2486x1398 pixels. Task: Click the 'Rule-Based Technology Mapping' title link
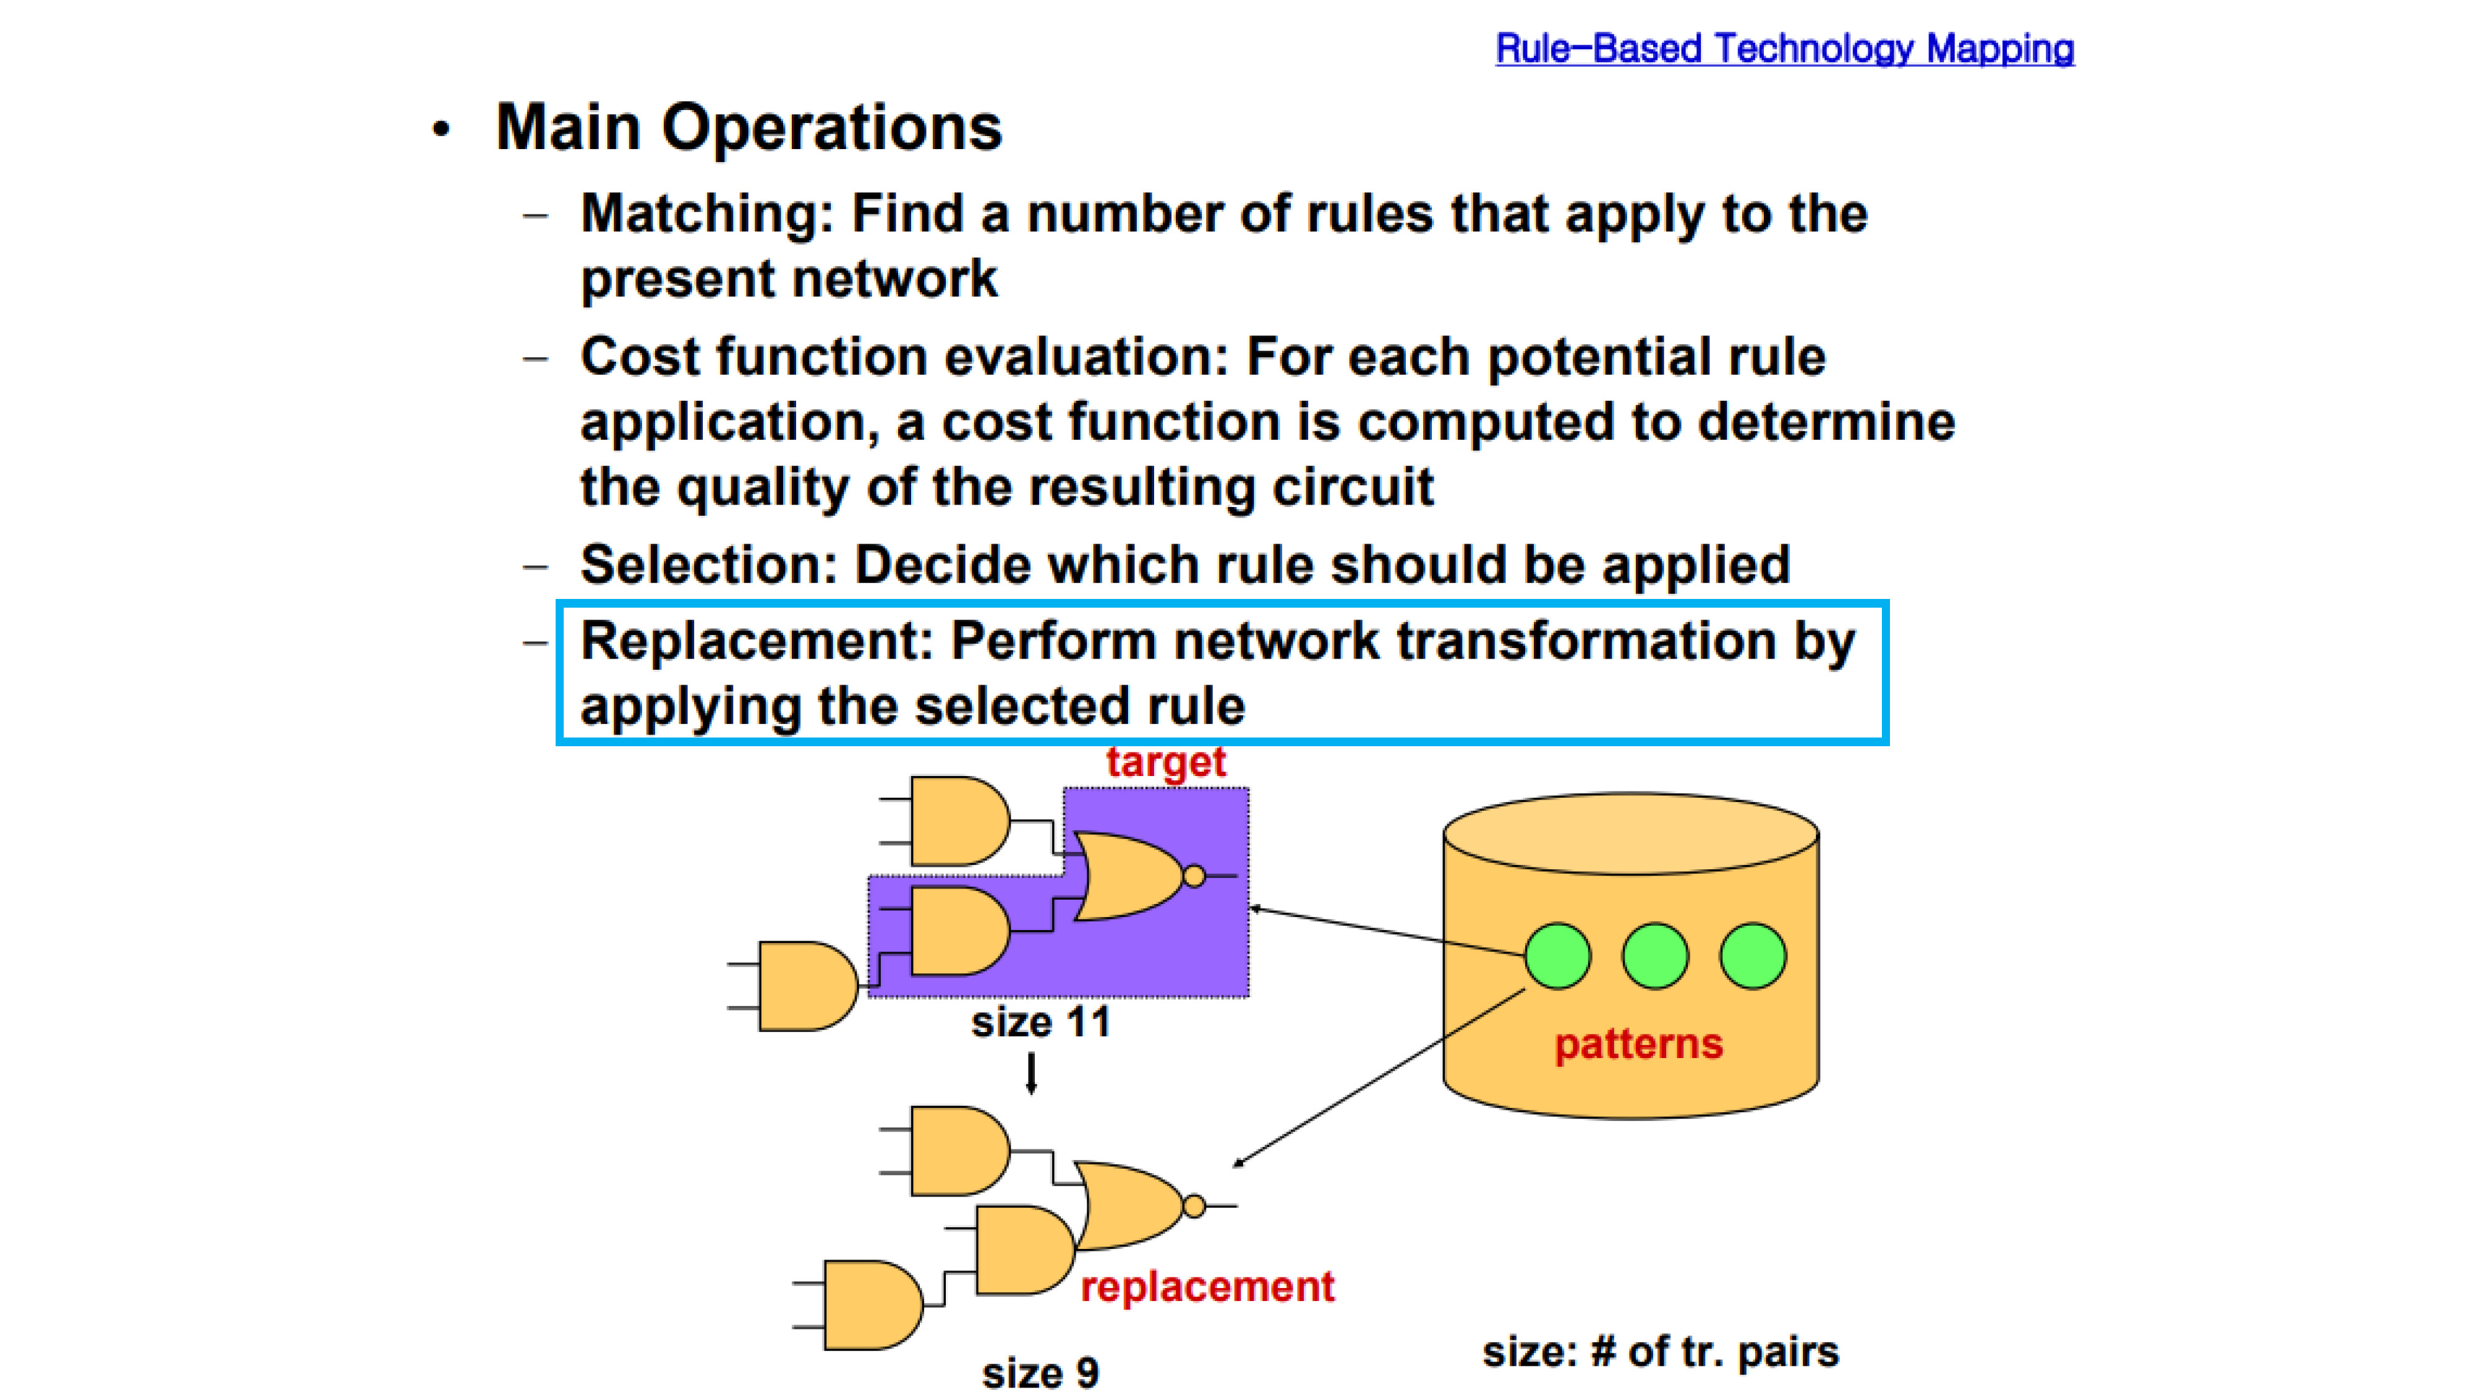point(1784,48)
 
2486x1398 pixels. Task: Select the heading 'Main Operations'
point(749,127)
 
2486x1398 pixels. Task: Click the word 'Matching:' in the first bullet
point(707,214)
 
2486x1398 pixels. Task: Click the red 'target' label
point(1166,762)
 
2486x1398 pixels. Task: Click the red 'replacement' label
point(1208,1287)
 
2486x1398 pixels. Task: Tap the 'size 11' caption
point(1040,1023)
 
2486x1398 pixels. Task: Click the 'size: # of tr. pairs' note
point(1661,1351)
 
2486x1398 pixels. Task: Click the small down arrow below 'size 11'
point(1032,1074)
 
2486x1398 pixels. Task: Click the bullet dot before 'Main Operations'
point(441,129)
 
